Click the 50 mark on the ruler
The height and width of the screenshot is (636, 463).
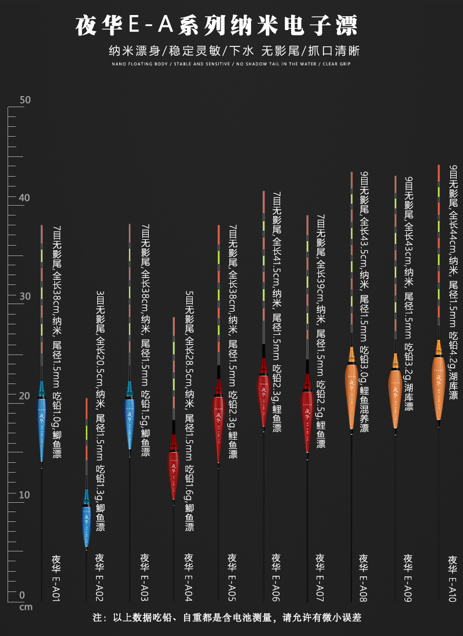pyautogui.click(x=25, y=100)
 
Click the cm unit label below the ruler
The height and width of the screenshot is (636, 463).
pyautogui.click(x=25, y=607)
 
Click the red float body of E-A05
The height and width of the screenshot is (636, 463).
pyautogui.click(x=218, y=418)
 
